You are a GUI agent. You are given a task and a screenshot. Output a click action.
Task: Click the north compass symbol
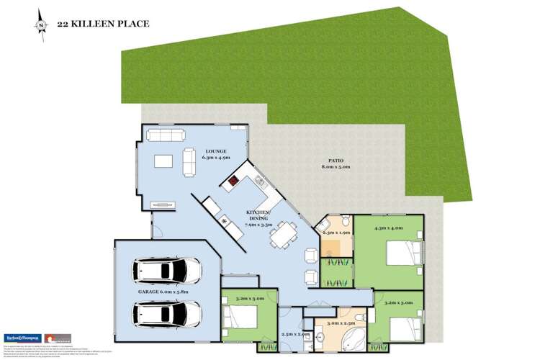coord(41,24)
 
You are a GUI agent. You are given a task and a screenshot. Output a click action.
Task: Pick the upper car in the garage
coord(167,271)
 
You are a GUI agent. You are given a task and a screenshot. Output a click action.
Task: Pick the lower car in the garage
coord(167,313)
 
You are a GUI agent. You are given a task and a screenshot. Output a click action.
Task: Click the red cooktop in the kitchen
coord(235,181)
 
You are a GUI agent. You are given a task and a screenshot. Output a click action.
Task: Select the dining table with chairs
coord(282,233)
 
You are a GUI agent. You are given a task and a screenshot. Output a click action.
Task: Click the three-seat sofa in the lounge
coord(165,134)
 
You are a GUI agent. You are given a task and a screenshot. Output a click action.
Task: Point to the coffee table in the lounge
coord(164,160)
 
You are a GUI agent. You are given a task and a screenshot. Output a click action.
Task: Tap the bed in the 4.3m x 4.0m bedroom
coord(404,253)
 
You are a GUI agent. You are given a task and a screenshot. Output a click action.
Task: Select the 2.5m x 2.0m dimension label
coord(296,334)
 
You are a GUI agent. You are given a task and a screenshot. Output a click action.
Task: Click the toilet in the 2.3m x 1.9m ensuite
coord(346,220)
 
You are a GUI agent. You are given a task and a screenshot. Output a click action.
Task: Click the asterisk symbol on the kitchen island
coord(225,221)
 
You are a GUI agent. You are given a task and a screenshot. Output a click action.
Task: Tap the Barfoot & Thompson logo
coord(22,338)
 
